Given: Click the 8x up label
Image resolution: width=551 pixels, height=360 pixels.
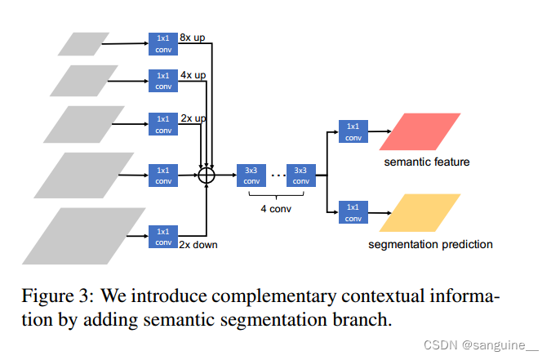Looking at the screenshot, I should click(193, 37).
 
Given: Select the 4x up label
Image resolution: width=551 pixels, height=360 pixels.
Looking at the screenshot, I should click(193, 75).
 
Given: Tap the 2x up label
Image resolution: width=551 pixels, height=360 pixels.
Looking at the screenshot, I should click(193, 118).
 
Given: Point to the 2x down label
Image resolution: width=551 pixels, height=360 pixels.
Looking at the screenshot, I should click(199, 244).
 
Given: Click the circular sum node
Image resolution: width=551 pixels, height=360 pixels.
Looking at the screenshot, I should click(207, 175).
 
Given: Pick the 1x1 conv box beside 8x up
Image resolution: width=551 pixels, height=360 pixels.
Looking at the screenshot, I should click(163, 42).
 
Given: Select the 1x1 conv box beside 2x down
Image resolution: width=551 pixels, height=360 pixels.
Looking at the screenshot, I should click(163, 237).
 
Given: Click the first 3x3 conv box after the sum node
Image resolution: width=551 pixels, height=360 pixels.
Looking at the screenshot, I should click(250, 175).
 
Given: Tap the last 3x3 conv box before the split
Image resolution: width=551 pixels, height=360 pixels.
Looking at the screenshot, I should click(300, 175).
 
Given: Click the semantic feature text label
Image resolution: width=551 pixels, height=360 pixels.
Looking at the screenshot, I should click(427, 162).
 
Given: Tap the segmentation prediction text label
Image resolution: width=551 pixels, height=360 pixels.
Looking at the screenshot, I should click(430, 243).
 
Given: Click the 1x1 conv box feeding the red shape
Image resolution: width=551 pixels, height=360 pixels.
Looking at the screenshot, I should click(353, 131).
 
